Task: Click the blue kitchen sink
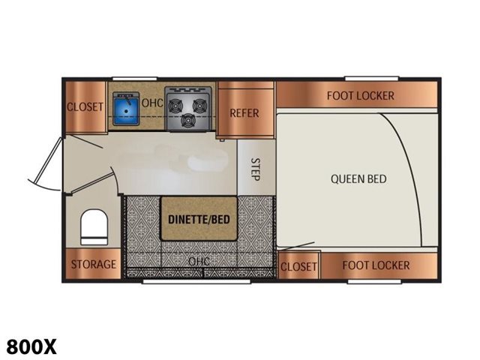(126, 109)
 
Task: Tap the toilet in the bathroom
(94, 226)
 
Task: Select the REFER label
(244, 113)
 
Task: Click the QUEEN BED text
(358, 178)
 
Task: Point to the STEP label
(255, 169)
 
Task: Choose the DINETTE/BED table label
(199, 219)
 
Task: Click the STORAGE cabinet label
(94, 264)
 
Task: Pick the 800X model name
(31, 346)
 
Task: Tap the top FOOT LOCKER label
(360, 96)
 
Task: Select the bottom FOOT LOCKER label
(376, 265)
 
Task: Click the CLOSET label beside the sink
(85, 106)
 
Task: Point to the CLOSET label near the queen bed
(298, 266)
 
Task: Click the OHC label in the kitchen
(152, 103)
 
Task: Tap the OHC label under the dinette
(199, 261)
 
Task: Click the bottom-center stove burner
(187, 120)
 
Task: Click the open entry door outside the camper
(46, 163)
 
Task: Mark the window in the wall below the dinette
(196, 281)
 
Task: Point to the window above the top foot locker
(372, 78)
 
